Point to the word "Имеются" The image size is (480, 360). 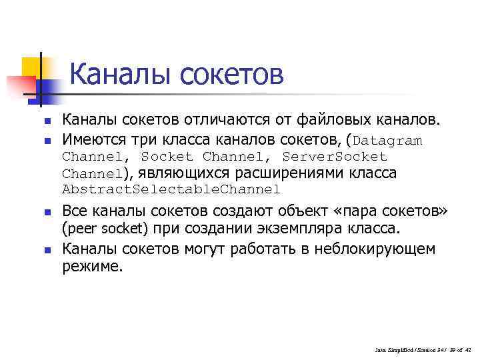pyautogui.click(x=91, y=139)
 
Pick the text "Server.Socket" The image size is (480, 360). pyautogui.click(x=335, y=157)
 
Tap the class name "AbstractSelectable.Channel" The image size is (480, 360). pyautogui.click(x=171, y=189)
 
